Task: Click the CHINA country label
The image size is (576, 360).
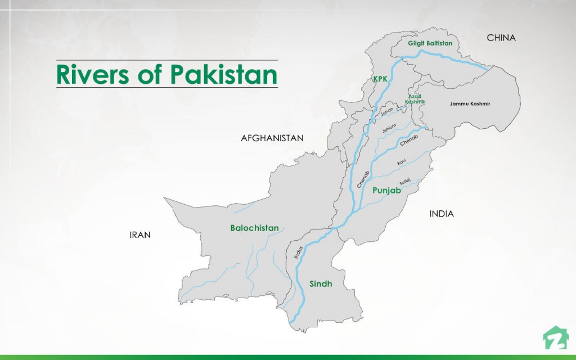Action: click(x=501, y=38)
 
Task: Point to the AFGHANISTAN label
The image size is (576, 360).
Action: click(x=272, y=138)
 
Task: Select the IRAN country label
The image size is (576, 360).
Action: click(x=140, y=235)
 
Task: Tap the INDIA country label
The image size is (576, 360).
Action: click(x=442, y=214)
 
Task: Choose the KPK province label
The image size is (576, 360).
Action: click(x=381, y=80)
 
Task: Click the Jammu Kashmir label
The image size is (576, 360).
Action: click(x=470, y=104)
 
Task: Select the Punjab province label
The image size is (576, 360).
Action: click(x=386, y=191)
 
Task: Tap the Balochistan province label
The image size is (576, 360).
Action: click(x=254, y=228)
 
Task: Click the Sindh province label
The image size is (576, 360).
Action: click(x=321, y=284)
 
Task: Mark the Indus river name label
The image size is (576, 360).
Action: click(x=299, y=252)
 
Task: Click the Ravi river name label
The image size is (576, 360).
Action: click(x=402, y=162)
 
